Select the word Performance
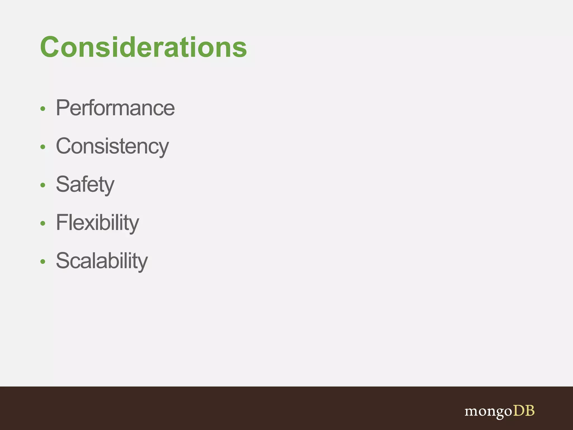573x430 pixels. pyautogui.click(x=115, y=108)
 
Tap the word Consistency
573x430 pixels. pyautogui.click(x=112, y=146)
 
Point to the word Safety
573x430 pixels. pyautogui.click(x=85, y=184)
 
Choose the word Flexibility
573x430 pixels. pyautogui.click(x=97, y=223)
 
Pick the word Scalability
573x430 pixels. pyautogui.click(x=102, y=261)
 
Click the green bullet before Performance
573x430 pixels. pyautogui.click(x=43, y=109)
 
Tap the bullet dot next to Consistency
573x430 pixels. pyautogui.click(x=43, y=147)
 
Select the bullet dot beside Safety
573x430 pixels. pyautogui.click(x=43, y=185)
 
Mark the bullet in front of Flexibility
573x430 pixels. pyautogui.click(x=43, y=223)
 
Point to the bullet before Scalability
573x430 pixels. pyautogui.click(x=43, y=261)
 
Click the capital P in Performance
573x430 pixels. pyautogui.click(x=62, y=108)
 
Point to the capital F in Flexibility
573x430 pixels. pyautogui.click(x=61, y=223)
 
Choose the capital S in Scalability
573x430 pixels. pyautogui.click(x=62, y=261)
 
